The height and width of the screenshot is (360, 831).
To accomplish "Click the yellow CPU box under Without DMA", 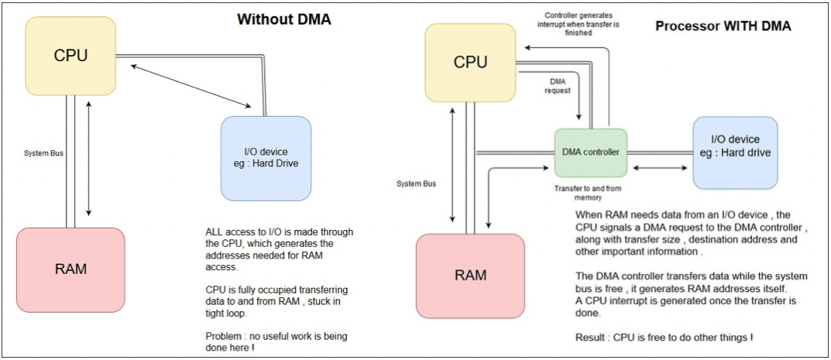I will (70, 56).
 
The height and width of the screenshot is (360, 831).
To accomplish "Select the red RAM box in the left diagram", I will (70, 269).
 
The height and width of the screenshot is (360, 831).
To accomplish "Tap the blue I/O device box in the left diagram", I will (266, 158).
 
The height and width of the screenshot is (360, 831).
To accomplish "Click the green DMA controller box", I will (591, 153).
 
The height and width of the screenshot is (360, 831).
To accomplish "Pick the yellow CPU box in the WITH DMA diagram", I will (470, 62).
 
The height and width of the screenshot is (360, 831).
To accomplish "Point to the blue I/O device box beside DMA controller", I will (735, 153).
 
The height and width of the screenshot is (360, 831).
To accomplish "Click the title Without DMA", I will (283, 19).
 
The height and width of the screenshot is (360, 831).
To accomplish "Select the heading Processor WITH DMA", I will (723, 26).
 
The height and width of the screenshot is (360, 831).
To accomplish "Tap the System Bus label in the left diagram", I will (44, 153).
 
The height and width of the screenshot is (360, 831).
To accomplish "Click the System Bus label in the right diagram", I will (416, 183).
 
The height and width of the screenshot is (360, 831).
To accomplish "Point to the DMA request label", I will (559, 85).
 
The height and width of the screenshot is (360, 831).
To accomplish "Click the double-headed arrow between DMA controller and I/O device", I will (660, 167).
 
